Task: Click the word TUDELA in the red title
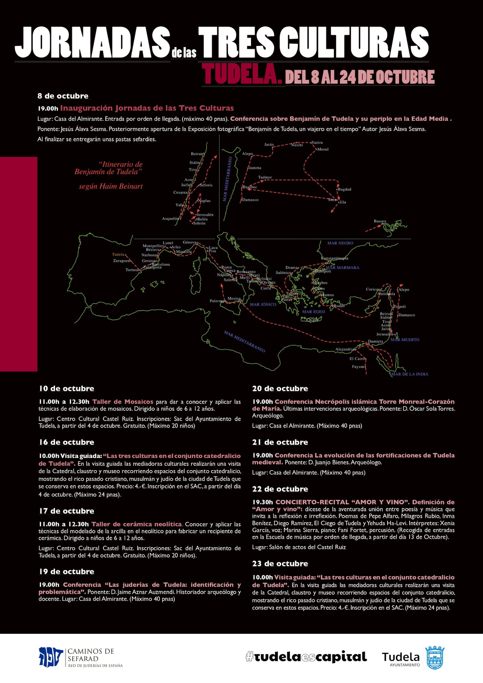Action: [241, 75]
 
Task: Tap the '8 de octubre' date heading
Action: [63, 96]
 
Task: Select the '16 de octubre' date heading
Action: [66, 442]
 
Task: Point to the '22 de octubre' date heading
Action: [280, 489]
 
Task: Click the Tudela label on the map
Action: [118, 254]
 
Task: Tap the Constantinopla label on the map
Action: [335, 258]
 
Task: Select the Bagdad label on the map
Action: [344, 189]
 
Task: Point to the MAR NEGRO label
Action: [340, 243]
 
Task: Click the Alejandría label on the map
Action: [345, 349]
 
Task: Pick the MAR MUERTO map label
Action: [405, 340]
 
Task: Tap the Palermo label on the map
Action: [217, 301]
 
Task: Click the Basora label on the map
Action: [380, 221]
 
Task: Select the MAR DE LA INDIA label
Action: [410, 374]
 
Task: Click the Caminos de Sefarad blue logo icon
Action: [51, 657]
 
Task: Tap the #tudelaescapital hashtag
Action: [306, 657]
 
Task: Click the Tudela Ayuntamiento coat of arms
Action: [435, 658]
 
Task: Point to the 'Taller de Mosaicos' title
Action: [123, 402]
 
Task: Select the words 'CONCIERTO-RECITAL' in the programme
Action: [312, 502]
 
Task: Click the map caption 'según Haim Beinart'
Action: [111, 186]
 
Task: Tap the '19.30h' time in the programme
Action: [262, 502]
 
